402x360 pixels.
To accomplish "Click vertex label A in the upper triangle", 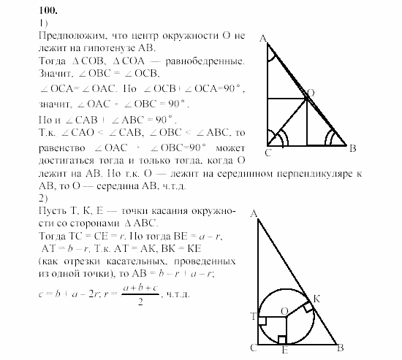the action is click(x=262, y=40).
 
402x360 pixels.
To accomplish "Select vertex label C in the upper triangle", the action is click(x=268, y=153).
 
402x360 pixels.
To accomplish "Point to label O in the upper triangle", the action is click(x=311, y=93).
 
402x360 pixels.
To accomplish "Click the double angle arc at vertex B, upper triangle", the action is click(x=333, y=137).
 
